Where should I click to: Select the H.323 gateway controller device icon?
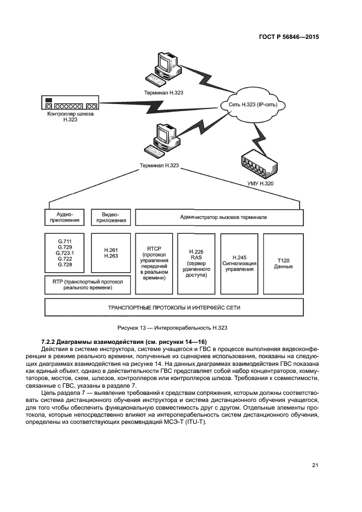(x=70, y=104)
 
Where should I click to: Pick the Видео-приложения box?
(x=111, y=217)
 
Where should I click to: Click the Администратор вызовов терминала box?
(x=219, y=217)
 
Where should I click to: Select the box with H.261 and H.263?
(x=111, y=253)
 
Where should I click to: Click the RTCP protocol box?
(x=153, y=263)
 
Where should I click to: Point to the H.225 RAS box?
(x=196, y=263)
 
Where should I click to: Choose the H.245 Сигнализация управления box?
(x=239, y=263)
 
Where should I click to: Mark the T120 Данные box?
(x=283, y=263)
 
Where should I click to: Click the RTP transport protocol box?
(x=88, y=283)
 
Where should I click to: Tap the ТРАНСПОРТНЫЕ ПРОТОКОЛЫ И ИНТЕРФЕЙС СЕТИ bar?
(x=174, y=308)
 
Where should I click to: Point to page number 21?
(x=314, y=465)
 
